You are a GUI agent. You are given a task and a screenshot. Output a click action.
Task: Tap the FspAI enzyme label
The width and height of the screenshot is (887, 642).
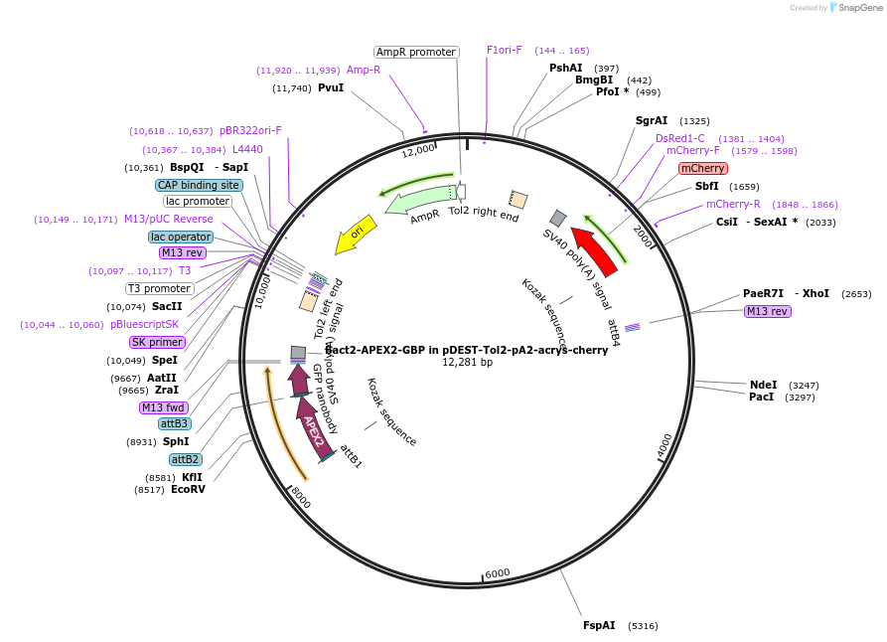pyautogui.click(x=599, y=625)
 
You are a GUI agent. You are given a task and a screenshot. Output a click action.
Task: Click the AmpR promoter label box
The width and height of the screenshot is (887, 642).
pyautogui.click(x=416, y=52)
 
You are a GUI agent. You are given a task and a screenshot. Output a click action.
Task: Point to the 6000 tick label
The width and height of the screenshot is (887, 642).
pyautogui.click(x=498, y=573)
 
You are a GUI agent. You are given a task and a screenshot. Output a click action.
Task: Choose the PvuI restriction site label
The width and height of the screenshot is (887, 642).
pyautogui.click(x=331, y=88)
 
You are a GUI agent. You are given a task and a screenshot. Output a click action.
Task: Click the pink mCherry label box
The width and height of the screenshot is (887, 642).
pyautogui.click(x=703, y=168)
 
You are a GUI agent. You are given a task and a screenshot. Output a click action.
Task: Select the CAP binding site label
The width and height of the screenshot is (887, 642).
pyautogui.click(x=199, y=185)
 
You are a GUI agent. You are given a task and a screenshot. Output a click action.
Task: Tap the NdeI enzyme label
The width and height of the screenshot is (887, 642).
pyautogui.click(x=763, y=385)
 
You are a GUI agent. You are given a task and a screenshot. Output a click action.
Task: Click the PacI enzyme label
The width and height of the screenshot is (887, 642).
pyautogui.click(x=762, y=397)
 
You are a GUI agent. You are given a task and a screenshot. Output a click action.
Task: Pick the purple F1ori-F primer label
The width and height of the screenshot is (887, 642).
pyautogui.click(x=504, y=50)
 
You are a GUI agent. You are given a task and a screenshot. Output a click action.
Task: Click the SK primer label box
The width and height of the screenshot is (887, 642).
pyautogui.click(x=158, y=342)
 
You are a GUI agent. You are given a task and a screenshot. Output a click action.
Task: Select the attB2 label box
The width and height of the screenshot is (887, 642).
pyautogui.click(x=186, y=459)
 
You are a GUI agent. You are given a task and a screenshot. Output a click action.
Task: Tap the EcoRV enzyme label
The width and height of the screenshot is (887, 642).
pyautogui.click(x=188, y=489)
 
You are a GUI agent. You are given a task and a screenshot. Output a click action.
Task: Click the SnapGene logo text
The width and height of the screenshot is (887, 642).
pyautogui.click(x=859, y=7)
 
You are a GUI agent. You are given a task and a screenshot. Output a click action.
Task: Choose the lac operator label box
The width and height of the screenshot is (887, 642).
pyautogui.click(x=180, y=237)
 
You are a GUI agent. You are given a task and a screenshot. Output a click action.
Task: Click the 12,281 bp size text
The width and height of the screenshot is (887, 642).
pyautogui.click(x=467, y=363)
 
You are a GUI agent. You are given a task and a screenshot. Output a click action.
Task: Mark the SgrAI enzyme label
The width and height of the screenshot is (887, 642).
pyautogui.click(x=652, y=120)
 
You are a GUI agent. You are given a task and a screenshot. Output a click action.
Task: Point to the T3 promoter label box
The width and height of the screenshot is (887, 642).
pyautogui.click(x=160, y=288)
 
